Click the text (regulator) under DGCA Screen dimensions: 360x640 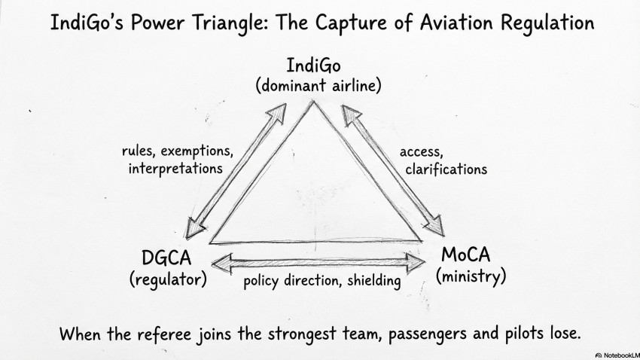point(167,279)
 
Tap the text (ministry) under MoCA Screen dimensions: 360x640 point(471,276)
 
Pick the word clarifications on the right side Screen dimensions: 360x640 point(446,169)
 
